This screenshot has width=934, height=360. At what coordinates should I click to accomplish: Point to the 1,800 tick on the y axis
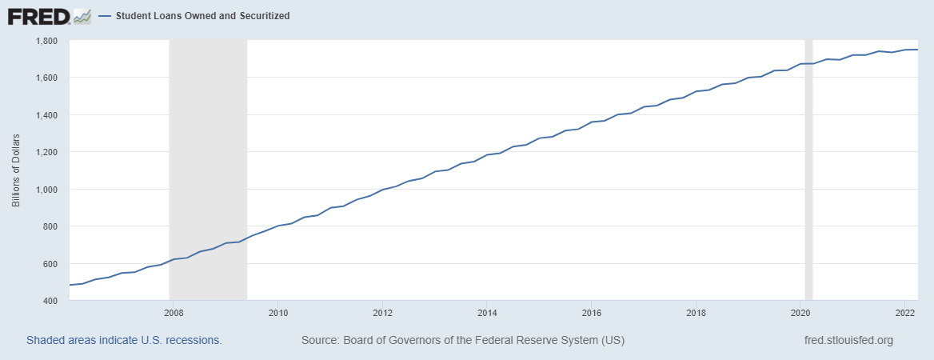tap(50, 40)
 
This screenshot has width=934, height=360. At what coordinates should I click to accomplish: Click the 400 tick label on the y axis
tap(54, 301)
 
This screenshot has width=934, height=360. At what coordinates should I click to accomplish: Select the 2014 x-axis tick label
tap(486, 312)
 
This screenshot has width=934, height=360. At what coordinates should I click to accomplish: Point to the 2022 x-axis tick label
tap(905, 312)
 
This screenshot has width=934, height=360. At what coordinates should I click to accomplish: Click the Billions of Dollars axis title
tap(16, 170)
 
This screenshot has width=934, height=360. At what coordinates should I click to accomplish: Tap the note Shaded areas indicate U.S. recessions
tap(124, 340)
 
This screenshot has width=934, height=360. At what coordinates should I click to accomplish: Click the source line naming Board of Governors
tap(462, 340)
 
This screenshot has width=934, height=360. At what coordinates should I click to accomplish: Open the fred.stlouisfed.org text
tap(848, 340)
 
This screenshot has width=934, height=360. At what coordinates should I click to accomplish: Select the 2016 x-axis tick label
tap(591, 312)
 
